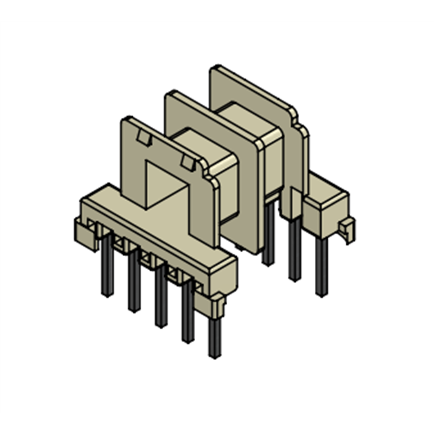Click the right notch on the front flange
tap(187, 161)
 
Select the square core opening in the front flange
tap(163, 188)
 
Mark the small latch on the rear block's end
tap(346, 228)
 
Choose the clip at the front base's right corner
tap(217, 304)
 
